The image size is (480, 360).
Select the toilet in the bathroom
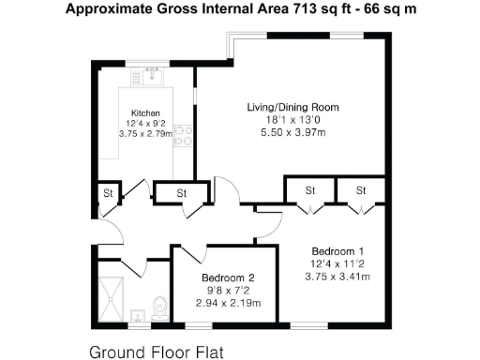click(x=159, y=306)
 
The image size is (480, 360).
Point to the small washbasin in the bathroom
click(x=137, y=315)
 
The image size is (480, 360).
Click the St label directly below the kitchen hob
click(x=181, y=194)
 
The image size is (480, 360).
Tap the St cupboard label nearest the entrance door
click(x=108, y=194)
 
